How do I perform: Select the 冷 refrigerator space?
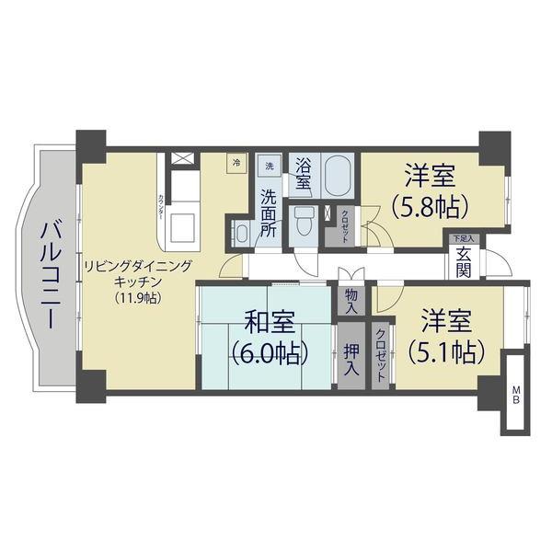tap(236, 163)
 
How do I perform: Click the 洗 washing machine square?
tap(269, 166)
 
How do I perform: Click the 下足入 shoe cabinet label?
tap(462, 238)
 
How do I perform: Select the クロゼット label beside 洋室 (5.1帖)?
tap(381, 354)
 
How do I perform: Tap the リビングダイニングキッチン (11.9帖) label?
tap(138, 281)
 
